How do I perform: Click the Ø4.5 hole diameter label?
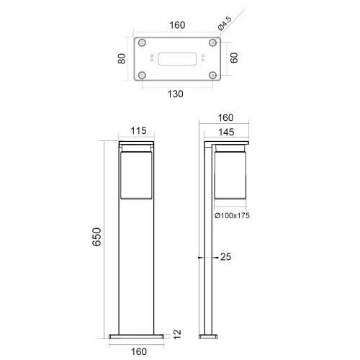pyautogui.click(x=225, y=28)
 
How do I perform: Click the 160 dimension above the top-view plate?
pyautogui.click(x=176, y=25)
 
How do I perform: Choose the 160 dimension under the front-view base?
pyautogui.click(x=138, y=351)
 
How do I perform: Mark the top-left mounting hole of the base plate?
pyautogui.click(x=143, y=42)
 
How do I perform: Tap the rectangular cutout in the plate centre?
pyautogui.click(x=176, y=58)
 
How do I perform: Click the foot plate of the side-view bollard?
pyautogui.click(x=209, y=336)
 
